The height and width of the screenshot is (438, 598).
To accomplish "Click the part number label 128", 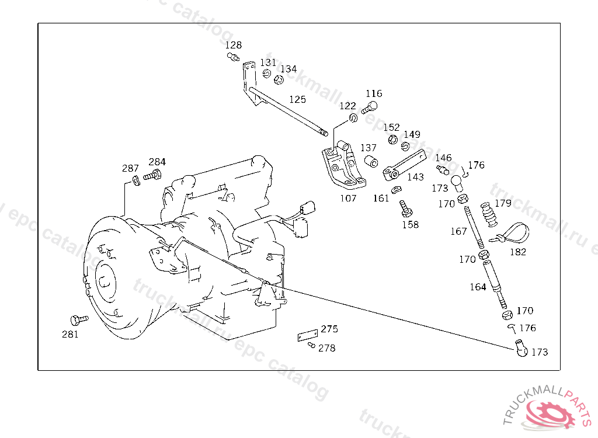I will pos(234,45).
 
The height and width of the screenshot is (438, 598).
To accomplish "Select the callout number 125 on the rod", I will pos(297,100).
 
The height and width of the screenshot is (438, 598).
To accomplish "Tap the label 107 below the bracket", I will pos(348,198).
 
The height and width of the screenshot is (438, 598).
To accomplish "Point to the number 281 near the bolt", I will pos(70,335).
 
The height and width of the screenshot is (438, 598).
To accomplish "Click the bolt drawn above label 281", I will pos(77,320).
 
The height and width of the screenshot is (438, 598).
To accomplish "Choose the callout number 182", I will pos(517,252).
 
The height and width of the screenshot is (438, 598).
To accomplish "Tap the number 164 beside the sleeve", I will pos(478,287).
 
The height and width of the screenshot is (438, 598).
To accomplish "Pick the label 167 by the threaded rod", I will pos(458,231).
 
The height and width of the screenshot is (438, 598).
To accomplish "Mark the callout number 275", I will pos(329,329).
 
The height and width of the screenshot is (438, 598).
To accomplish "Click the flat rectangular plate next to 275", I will pos(307,336).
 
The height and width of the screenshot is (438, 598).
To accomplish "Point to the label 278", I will pos(327,348).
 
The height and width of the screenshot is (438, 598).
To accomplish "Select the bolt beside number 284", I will pos(153,175).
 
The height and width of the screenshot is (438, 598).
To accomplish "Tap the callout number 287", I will pos(130,168).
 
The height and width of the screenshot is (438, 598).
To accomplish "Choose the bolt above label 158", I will pos(404,208).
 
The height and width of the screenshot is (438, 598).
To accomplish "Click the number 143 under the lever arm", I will pos(415,177).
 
